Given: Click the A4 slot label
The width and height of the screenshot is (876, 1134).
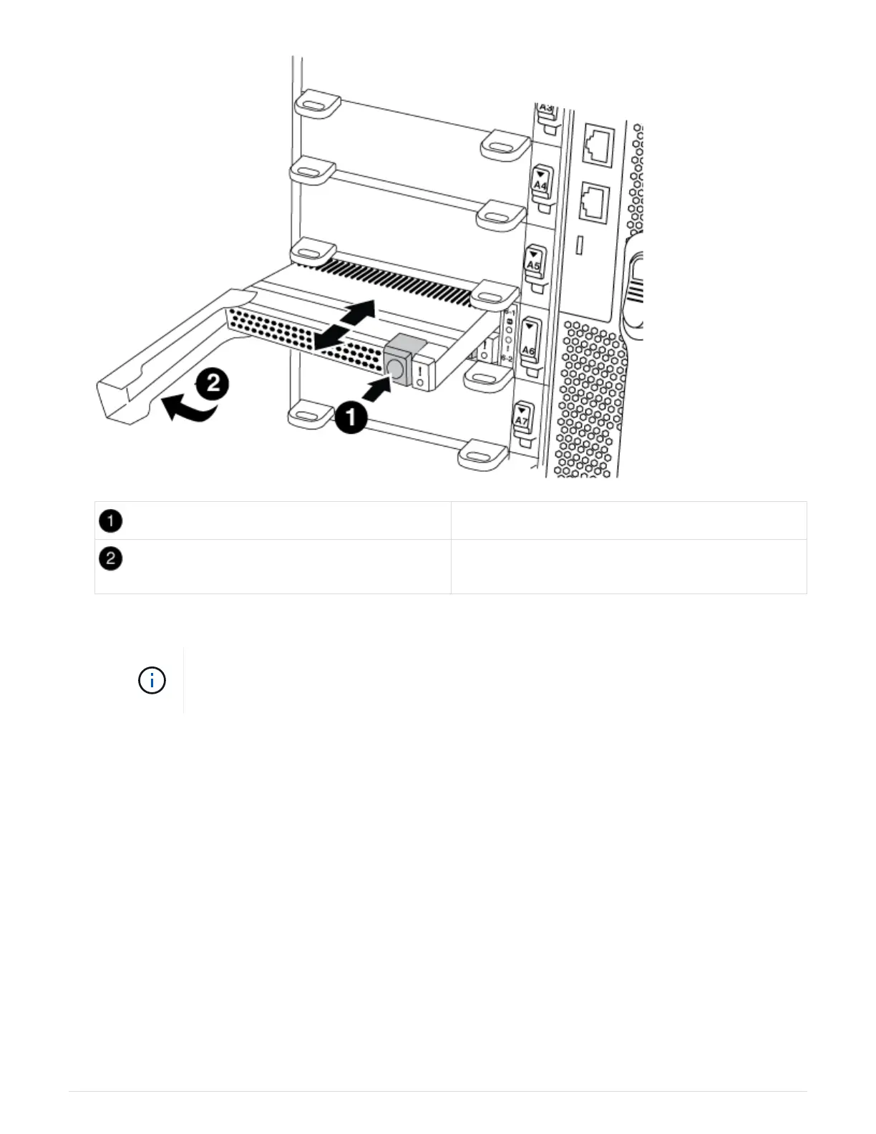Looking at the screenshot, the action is (541, 185).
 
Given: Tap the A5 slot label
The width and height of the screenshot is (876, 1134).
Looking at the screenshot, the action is (534, 264).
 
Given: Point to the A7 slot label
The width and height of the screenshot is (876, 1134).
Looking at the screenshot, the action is (522, 421).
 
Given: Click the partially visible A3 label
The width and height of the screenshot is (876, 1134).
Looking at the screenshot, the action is (546, 107).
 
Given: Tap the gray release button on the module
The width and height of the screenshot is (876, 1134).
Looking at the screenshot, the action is (395, 366).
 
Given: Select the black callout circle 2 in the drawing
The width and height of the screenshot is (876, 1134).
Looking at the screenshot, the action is (213, 386).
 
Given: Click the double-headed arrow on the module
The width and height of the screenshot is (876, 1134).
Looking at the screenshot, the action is (345, 325).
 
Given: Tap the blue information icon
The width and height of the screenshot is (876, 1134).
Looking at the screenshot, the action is (152, 680).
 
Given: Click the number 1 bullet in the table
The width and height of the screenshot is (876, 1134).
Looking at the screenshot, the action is (110, 521).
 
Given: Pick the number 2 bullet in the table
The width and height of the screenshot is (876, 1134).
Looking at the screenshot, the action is (110, 558).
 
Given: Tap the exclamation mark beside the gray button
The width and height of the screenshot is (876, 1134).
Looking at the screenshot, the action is (419, 373).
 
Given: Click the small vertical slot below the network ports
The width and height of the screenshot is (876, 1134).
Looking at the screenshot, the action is (580, 246).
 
